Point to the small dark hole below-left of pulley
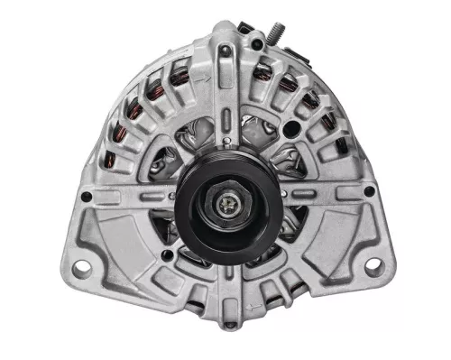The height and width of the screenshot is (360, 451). (166, 255)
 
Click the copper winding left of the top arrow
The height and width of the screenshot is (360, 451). (179, 74)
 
